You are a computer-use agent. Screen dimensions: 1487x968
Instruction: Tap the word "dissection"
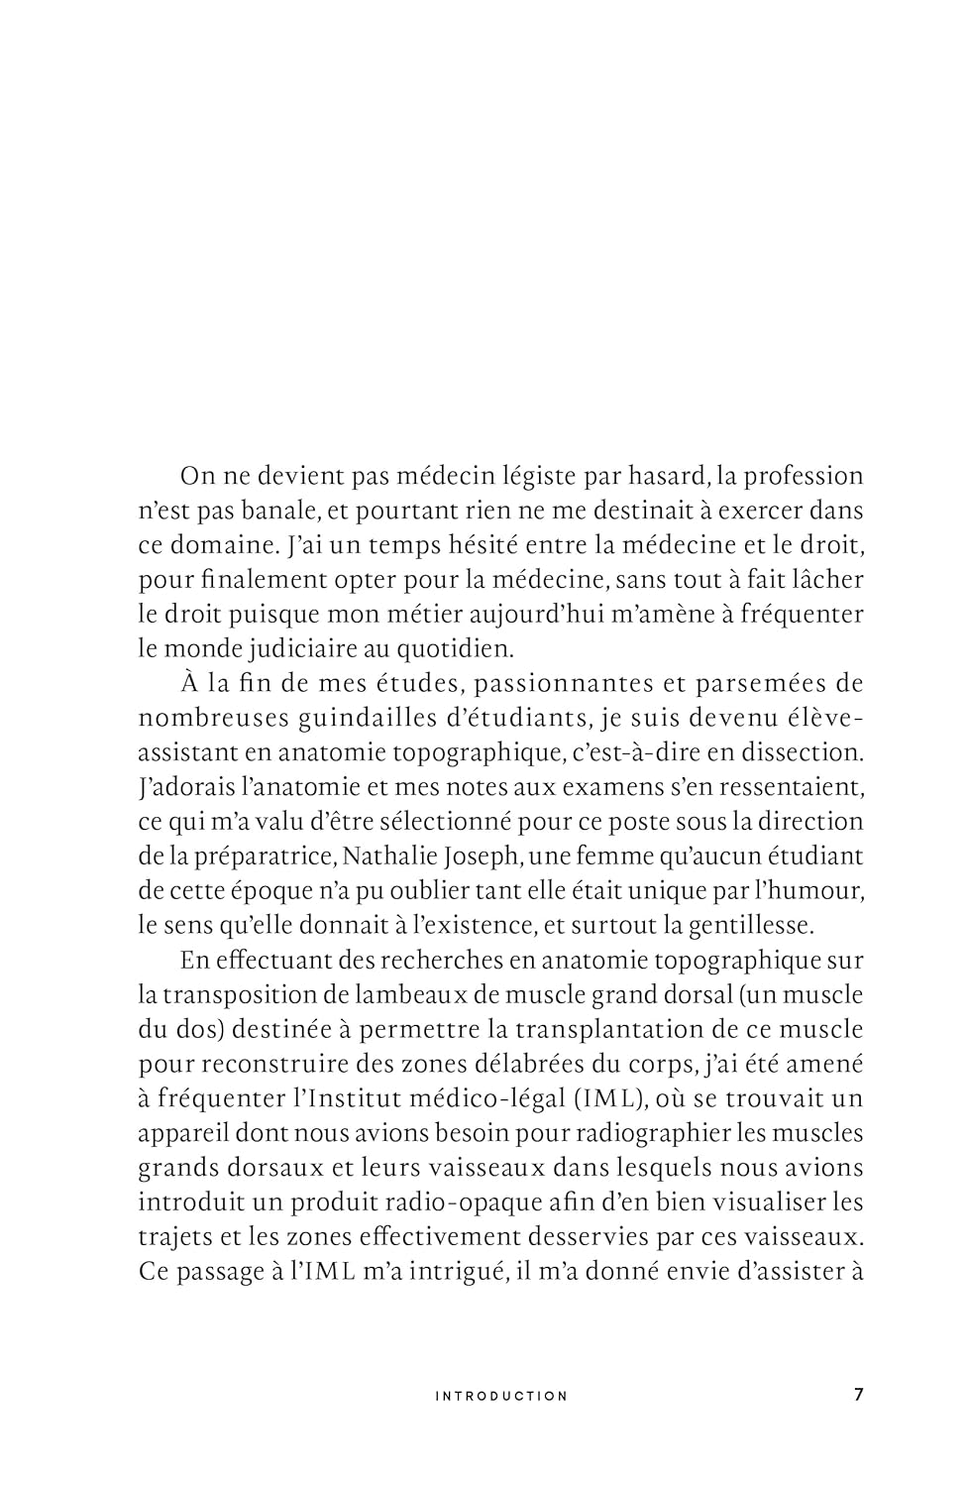pos(801,752)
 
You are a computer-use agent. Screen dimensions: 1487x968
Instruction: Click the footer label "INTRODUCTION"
pos(502,1396)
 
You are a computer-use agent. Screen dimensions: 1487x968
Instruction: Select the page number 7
pos(858,1395)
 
